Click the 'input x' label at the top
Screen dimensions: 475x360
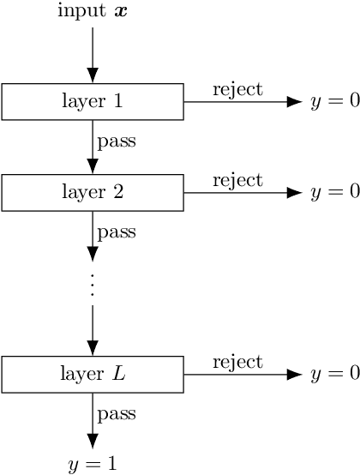point(93,12)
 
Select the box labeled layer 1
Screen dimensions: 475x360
point(93,101)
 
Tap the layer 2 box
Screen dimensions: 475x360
point(93,192)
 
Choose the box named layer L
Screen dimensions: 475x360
point(93,374)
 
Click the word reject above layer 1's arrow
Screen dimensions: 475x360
point(237,89)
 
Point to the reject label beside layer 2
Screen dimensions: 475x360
point(237,180)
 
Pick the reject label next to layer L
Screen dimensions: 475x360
point(237,362)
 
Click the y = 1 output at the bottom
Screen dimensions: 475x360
point(93,465)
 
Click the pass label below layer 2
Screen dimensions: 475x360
point(117,231)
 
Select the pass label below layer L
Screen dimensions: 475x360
point(117,414)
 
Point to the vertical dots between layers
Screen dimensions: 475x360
point(93,284)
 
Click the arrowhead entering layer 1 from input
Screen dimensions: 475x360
point(93,75)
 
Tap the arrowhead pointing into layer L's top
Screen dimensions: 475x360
point(93,347)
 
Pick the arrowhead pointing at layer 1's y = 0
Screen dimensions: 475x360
point(295,101)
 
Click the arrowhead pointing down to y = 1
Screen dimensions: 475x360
point(93,439)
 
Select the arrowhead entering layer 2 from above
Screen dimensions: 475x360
point(93,165)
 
